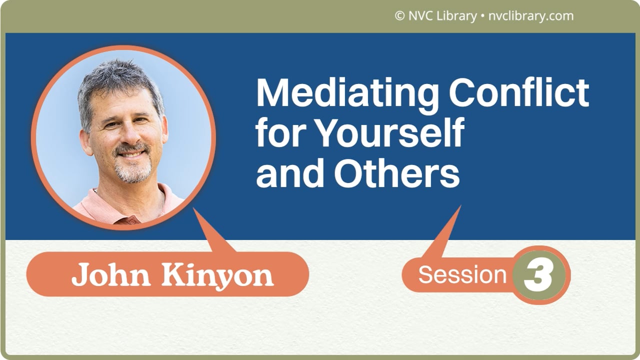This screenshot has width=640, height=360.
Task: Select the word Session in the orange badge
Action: coord(462,274)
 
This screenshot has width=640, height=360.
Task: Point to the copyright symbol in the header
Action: coord(399,16)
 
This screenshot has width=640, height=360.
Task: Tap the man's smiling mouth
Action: coord(131,154)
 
